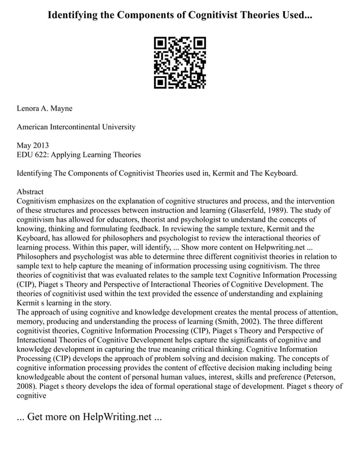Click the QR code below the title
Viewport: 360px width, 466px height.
(x=180, y=63)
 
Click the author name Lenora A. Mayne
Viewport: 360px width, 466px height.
(x=45, y=108)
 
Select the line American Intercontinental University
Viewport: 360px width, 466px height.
(x=76, y=127)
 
